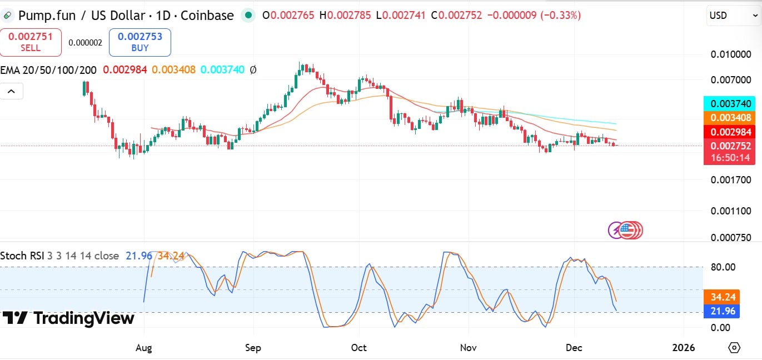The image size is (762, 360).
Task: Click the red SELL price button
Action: click(x=31, y=42)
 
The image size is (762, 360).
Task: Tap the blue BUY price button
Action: click(x=140, y=42)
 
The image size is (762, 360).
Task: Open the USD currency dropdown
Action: click(x=732, y=16)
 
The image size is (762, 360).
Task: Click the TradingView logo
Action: click(x=68, y=318)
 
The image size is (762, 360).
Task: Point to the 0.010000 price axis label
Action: click(x=730, y=54)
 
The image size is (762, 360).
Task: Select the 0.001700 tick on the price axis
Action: click(x=730, y=179)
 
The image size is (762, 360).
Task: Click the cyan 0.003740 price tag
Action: click(x=729, y=103)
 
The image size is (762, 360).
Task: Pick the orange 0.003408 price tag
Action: click(x=729, y=117)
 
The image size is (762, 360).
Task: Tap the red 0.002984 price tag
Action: click(x=729, y=132)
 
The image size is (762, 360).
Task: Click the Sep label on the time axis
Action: click(x=253, y=348)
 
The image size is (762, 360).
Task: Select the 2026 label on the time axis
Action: click(x=683, y=348)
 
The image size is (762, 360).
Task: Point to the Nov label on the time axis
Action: click(x=469, y=348)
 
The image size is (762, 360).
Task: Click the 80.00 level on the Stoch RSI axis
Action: click(x=723, y=267)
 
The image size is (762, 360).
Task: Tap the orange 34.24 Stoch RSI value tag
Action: click(x=721, y=297)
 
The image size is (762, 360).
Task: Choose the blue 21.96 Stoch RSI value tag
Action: click(x=721, y=311)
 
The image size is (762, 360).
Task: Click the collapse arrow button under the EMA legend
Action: click(x=12, y=91)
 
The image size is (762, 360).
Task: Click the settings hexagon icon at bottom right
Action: click(x=734, y=348)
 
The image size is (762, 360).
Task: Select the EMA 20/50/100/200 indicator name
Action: click(x=48, y=70)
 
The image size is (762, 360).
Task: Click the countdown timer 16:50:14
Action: click(x=729, y=158)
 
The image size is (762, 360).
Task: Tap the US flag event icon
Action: click(x=627, y=229)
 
